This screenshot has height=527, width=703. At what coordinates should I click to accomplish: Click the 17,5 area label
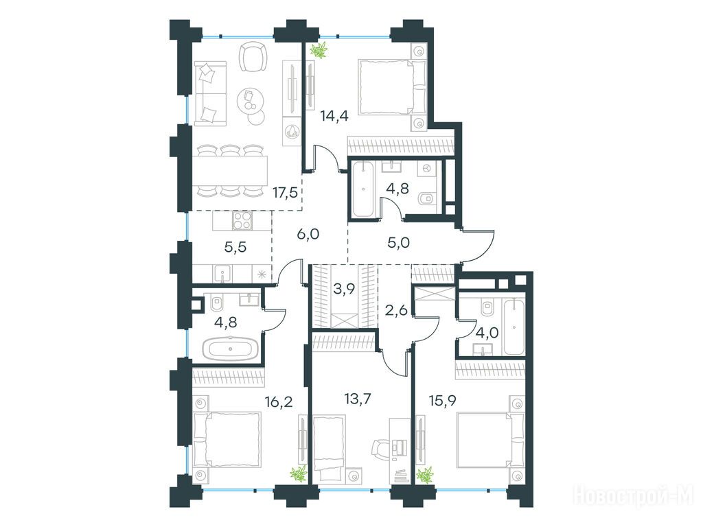[x=285, y=193]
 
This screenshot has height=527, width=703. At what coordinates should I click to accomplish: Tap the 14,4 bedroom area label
[x=334, y=117]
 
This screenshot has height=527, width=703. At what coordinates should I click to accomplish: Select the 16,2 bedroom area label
[x=279, y=401]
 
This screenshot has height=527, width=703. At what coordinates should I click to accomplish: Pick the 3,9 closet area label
[x=345, y=289]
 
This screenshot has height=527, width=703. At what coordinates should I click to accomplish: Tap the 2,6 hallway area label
[x=397, y=310]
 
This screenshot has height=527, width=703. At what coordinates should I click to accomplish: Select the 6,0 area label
[x=308, y=233]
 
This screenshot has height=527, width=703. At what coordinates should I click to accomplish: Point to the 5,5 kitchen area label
[x=235, y=247]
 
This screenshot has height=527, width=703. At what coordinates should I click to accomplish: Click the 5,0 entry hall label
[x=399, y=243]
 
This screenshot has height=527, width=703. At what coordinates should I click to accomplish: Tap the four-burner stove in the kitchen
[x=242, y=220]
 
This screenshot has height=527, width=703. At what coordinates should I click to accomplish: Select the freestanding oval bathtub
[x=231, y=349]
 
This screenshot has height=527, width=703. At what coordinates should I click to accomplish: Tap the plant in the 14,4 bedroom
[x=320, y=49]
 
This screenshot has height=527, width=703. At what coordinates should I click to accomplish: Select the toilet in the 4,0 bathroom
[x=487, y=308]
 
